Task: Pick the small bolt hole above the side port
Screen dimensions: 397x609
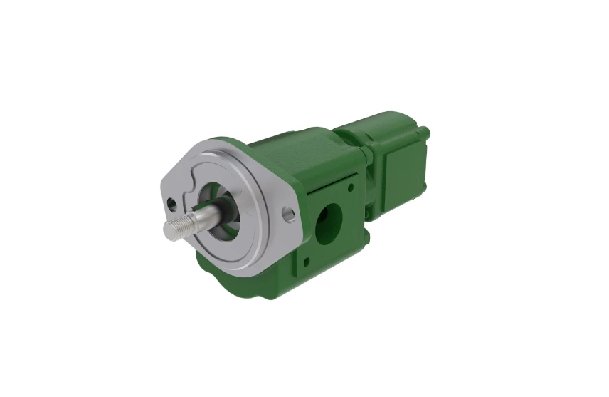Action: pyautogui.click(x=349, y=188)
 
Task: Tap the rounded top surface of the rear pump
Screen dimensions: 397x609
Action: pyautogui.click(x=384, y=125)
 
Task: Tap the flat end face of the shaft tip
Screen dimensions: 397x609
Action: pyautogui.click(x=167, y=230)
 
